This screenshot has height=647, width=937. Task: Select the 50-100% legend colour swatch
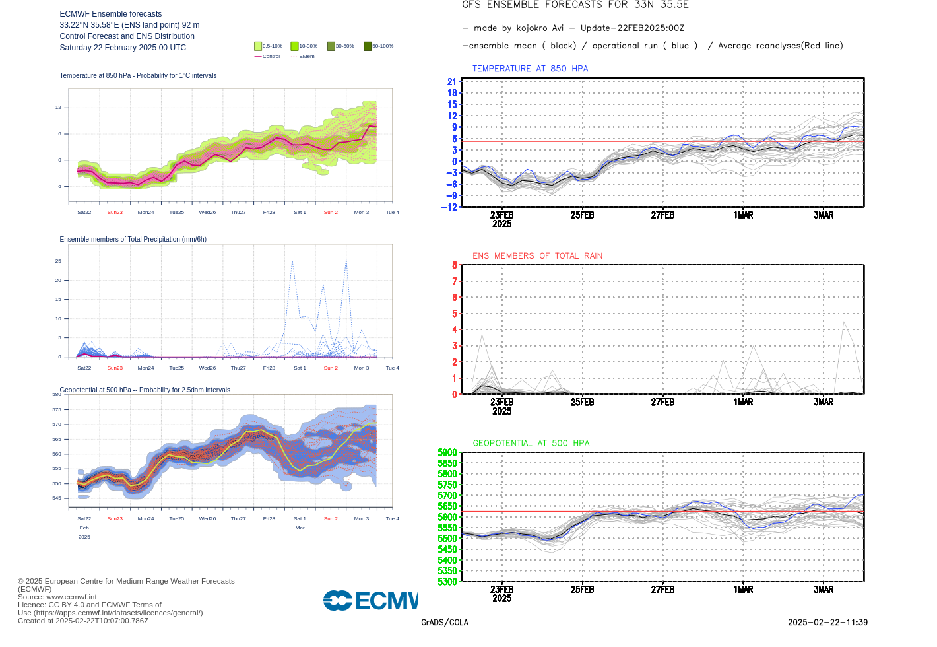pyautogui.click(x=368, y=46)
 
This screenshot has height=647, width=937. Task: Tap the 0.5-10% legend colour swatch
pyautogui.click(x=258, y=46)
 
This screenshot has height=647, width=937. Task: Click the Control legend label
pyautogui.click(x=271, y=57)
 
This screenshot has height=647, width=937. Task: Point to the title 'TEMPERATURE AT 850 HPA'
pyautogui.click(x=530, y=69)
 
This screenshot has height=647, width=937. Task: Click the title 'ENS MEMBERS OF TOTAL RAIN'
pyautogui.click(x=537, y=256)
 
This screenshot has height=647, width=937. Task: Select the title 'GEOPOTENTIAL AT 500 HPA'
pyautogui.click(x=531, y=443)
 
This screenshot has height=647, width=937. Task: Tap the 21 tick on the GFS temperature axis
pyautogui.click(x=452, y=82)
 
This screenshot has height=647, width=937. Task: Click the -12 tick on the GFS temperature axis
pyautogui.click(x=449, y=207)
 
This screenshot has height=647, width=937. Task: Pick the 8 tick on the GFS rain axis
pyautogui.click(x=455, y=265)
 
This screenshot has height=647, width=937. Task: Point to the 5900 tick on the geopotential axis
pyautogui.click(x=447, y=452)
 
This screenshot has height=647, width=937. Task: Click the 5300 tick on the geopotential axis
pyautogui.click(x=447, y=582)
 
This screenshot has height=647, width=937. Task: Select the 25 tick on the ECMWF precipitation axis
pyautogui.click(x=59, y=261)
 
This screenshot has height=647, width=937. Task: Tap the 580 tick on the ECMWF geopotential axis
pyautogui.click(x=57, y=395)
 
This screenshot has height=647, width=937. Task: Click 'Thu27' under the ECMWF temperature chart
pyautogui.click(x=238, y=213)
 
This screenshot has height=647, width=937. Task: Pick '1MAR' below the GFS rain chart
pyautogui.click(x=743, y=402)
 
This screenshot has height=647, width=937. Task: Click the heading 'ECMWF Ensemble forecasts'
pyautogui.click(x=110, y=14)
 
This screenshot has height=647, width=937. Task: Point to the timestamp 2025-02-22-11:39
pyautogui.click(x=827, y=623)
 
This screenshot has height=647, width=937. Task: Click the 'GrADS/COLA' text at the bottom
pyautogui.click(x=445, y=623)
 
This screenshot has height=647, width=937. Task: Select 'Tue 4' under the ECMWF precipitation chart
pyautogui.click(x=392, y=368)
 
